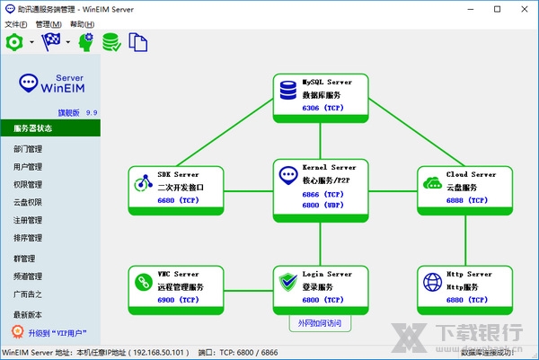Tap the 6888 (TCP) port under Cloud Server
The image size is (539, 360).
(x=465, y=200)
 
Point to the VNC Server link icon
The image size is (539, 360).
(x=144, y=283)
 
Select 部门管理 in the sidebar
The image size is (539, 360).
(x=28, y=149)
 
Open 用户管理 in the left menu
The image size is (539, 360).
(x=28, y=167)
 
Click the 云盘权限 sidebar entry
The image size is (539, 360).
(x=28, y=203)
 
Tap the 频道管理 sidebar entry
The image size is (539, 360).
(x=28, y=277)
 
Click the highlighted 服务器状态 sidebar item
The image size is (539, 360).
(x=32, y=128)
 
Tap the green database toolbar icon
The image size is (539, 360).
(x=111, y=41)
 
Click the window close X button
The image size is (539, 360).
(x=523, y=8)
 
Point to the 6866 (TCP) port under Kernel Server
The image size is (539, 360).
(x=323, y=195)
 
